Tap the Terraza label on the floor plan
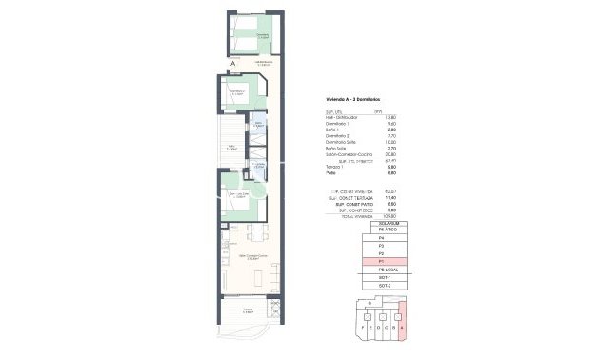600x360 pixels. click(247, 310)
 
